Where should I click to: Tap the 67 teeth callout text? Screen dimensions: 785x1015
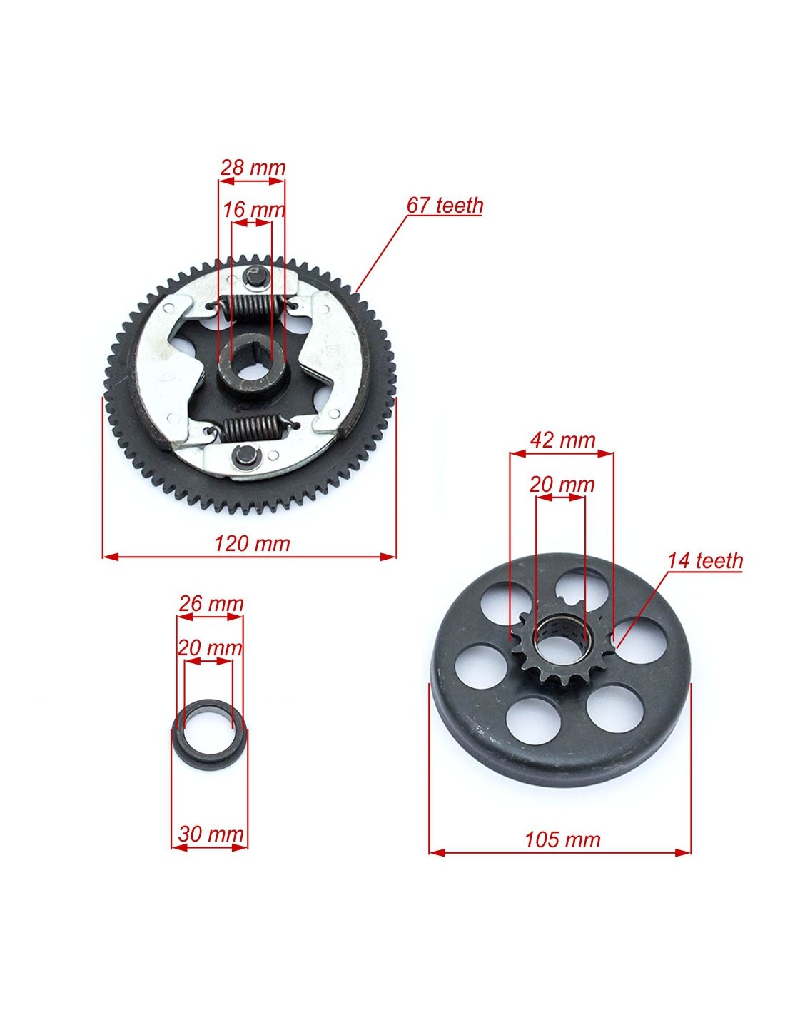point(444,206)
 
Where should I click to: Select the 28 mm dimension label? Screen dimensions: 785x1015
point(253,168)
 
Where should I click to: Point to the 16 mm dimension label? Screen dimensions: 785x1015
point(253,210)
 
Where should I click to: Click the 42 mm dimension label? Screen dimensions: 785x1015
point(563,440)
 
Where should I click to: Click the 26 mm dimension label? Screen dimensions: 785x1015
point(211,604)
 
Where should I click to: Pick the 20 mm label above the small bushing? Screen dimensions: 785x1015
point(210,648)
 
